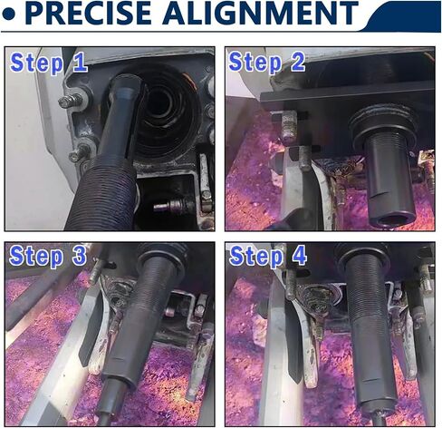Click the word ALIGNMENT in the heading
coord(260,13)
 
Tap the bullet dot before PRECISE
coord(8,15)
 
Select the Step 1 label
coord(49,63)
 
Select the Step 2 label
coord(267,63)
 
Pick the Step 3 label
coord(48,256)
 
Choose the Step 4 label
coord(268,256)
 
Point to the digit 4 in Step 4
coord(298,255)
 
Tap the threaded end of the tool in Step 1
coord(102,193)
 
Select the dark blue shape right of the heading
coord(401,16)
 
